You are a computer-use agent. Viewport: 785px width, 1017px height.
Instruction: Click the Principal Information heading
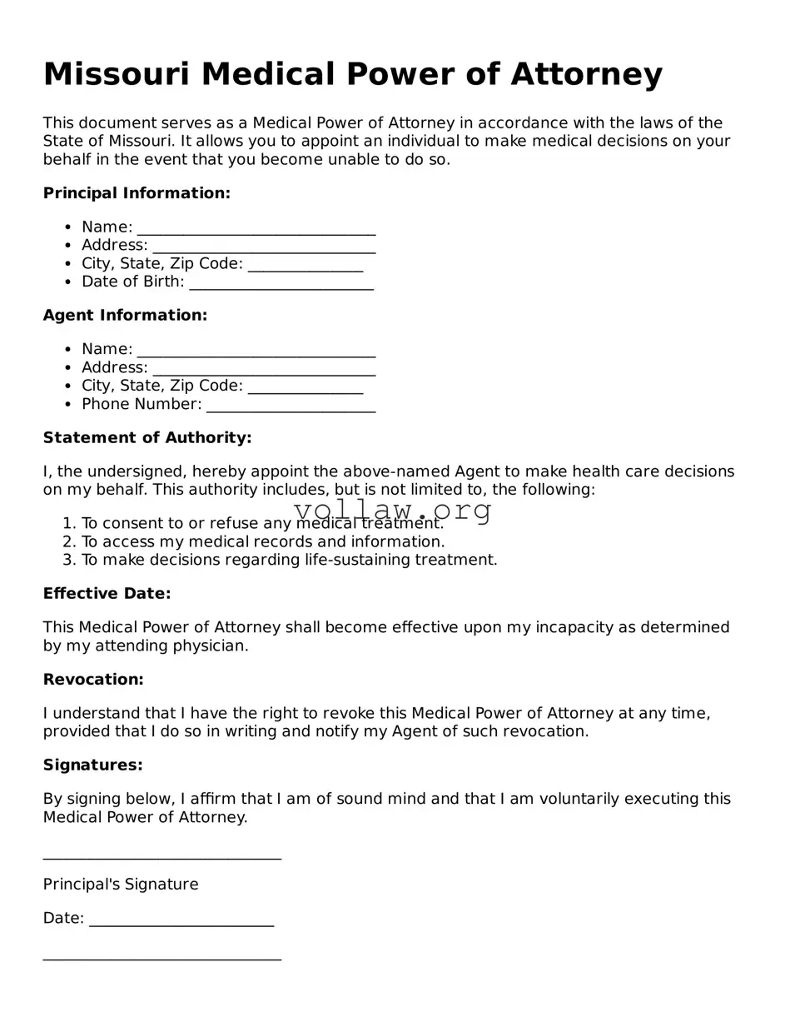click(x=137, y=193)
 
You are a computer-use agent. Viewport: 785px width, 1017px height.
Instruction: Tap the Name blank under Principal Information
click(x=256, y=228)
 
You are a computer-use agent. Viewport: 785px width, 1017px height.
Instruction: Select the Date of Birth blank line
click(x=281, y=283)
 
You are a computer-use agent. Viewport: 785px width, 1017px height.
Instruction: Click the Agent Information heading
click(x=125, y=316)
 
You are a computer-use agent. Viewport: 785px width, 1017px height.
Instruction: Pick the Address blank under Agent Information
click(x=264, y=369)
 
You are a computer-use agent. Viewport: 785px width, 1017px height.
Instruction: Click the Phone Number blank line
click(x=291, y=406)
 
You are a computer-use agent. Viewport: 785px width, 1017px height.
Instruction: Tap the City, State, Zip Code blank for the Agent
click(x=305, y=387)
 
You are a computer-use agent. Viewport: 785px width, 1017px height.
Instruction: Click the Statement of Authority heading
click(x=147, y=438)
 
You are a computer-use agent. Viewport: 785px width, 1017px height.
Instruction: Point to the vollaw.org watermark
click(x=392, y=510)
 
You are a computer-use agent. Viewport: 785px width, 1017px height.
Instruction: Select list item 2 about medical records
click(x=262, y=542)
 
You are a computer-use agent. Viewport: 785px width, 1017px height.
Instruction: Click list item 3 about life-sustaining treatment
click(x=288, y=561)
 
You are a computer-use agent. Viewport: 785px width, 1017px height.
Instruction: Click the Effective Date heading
click(x=107, y=594)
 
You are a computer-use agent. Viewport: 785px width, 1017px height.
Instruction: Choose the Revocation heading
click(x=93, y=680)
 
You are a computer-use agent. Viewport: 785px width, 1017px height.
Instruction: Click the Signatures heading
click(x=92, y=765)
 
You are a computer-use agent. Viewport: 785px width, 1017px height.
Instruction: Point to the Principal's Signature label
click(x=121, y=885)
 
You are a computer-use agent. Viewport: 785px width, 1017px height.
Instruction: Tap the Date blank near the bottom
click(x=181, y=920)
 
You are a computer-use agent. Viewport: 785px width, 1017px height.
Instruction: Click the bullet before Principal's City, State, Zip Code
click(x=68, y=264)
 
